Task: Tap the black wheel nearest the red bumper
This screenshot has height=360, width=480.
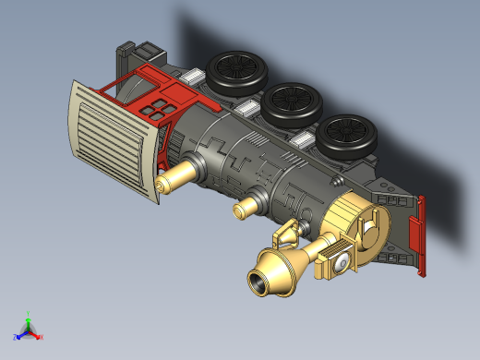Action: (349, 135)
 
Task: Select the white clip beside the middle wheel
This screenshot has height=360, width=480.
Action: (247, 110)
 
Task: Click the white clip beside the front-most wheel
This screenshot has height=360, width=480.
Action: (303, 140)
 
